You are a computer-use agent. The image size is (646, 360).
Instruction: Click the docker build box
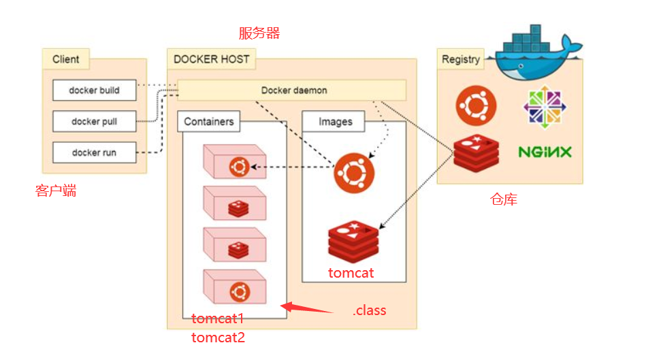tap(94, 90)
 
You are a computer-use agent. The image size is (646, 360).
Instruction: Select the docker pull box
tap(94, 122)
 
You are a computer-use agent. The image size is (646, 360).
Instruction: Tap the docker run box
tap(94, 153)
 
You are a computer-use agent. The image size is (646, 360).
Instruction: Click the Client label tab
tap(66, 59)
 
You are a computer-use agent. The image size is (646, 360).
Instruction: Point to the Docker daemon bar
tap(293, 90)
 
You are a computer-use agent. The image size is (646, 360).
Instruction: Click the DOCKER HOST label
tap(211, 59)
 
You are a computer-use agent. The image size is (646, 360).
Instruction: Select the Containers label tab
tap(208, 122)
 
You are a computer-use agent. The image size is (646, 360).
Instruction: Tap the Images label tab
tap(336, 122)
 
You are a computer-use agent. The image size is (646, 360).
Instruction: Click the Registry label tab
tap(461, 59)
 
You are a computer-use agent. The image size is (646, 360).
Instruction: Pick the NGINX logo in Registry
tap(545, 151)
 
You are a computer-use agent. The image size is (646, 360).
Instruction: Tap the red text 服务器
tap(259, 33)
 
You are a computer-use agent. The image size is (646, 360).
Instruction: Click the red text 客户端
tap(56, 191)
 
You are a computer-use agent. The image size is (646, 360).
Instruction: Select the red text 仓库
tap(504, 199)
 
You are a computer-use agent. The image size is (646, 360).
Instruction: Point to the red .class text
tap(369, 310)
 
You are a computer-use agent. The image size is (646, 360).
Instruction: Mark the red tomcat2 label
tap(218, 337)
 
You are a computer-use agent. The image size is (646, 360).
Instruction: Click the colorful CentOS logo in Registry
tap(543, 106)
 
